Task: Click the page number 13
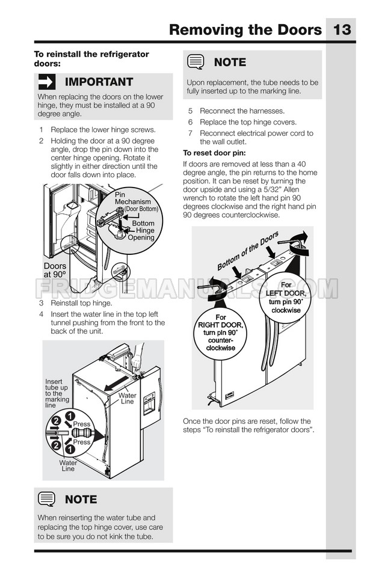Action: (x=342, y=29)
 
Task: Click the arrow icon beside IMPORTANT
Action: (x=47, y=82)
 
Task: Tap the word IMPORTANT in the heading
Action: (x=99, y=82)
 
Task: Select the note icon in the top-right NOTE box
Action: (x=196, y=62)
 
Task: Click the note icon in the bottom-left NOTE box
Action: (x=46, y=499)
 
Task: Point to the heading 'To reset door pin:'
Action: (x=215, y=153)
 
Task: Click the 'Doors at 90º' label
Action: (x=55, y=270)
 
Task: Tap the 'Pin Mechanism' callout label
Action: (x=133, y=198)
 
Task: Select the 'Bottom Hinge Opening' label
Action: (x=142, y=230)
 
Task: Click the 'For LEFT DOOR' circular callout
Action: (x=286, y=297)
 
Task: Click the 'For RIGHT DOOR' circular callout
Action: (x=220, y=333)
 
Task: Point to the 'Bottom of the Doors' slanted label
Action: (x=248, y=251)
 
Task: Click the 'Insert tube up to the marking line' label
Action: (x=57, y=393)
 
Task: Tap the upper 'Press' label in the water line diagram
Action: (x=82, y=424)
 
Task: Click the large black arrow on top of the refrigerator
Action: (x=117, y=384)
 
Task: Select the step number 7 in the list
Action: (x=190, y=133)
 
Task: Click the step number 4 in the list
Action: (x=42, y=314)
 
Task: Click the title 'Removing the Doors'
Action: (x=245, y=29)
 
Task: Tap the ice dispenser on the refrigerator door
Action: (x=149, y=403)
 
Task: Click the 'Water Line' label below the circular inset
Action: (x=68, y=466)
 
